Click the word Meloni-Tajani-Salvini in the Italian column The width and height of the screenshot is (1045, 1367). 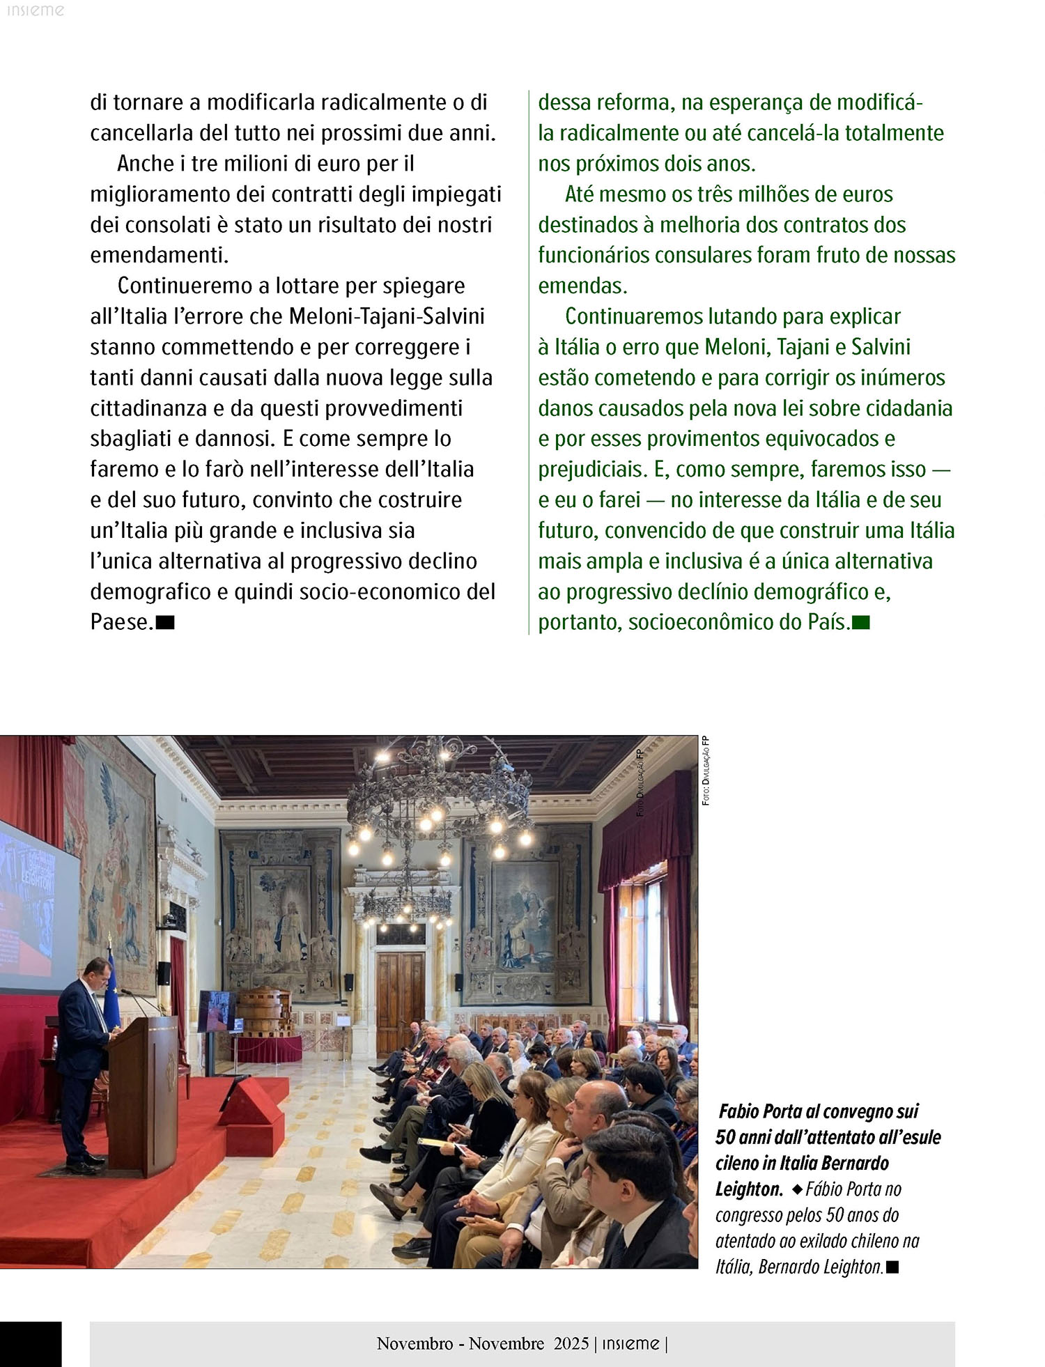(x=387, y=316)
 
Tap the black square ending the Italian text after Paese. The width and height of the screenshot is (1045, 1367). (x=165, y=622)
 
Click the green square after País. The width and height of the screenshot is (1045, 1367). (x=861, y=622)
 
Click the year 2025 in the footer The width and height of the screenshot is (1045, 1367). (x=571, y=1343)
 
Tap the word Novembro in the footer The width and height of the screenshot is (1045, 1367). (x=415, y=1343)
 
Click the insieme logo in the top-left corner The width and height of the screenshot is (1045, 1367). (x=35, y=10)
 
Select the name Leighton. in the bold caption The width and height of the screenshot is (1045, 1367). (x=749, y=1189)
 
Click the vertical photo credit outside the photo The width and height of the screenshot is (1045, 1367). (x=706, y=770)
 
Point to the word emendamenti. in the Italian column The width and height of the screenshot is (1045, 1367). (x=160, y=255)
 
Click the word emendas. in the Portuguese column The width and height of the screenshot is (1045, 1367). (x=582, y=286)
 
